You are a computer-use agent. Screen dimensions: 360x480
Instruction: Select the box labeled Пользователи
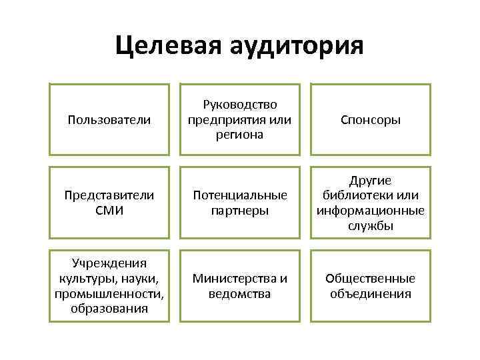coord(109,120)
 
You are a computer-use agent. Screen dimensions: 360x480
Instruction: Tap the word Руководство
coord(240,105)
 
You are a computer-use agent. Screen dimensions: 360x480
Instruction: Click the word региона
coord(240,135)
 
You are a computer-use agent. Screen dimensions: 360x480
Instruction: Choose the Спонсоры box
coord(371,120)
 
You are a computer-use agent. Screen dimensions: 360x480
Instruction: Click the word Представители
coord(109,195)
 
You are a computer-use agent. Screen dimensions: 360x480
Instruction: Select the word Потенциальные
coord(240,195)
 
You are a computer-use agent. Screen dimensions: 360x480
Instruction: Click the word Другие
coord(371,181)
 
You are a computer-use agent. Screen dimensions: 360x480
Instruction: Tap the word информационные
coord(371,211)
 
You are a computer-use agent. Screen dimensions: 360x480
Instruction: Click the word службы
coord(371,225)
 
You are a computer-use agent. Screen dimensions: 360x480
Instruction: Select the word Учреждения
coord(109,263)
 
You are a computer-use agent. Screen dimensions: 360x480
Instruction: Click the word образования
coord(109,309)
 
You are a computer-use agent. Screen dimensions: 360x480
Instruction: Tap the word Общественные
coord(371,279)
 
